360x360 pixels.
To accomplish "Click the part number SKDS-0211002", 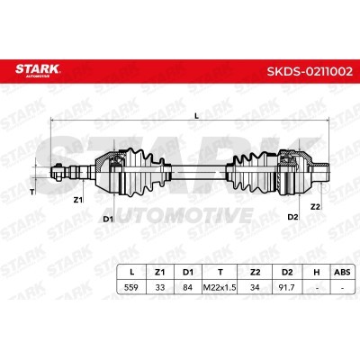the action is click(310, 72).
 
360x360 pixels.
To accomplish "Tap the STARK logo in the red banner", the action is click(38, 70).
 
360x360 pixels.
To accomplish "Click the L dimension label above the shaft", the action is click(197, 115).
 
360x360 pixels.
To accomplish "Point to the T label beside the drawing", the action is click(32, 193).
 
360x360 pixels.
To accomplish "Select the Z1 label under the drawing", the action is click(78, 200).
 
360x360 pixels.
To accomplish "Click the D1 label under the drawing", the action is click(108, 219).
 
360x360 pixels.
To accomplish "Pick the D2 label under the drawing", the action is click(292, 217).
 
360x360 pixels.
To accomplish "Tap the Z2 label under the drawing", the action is click(315, 207).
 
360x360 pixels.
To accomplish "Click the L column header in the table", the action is click(131, 272).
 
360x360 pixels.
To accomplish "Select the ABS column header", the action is click(342, 272).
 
